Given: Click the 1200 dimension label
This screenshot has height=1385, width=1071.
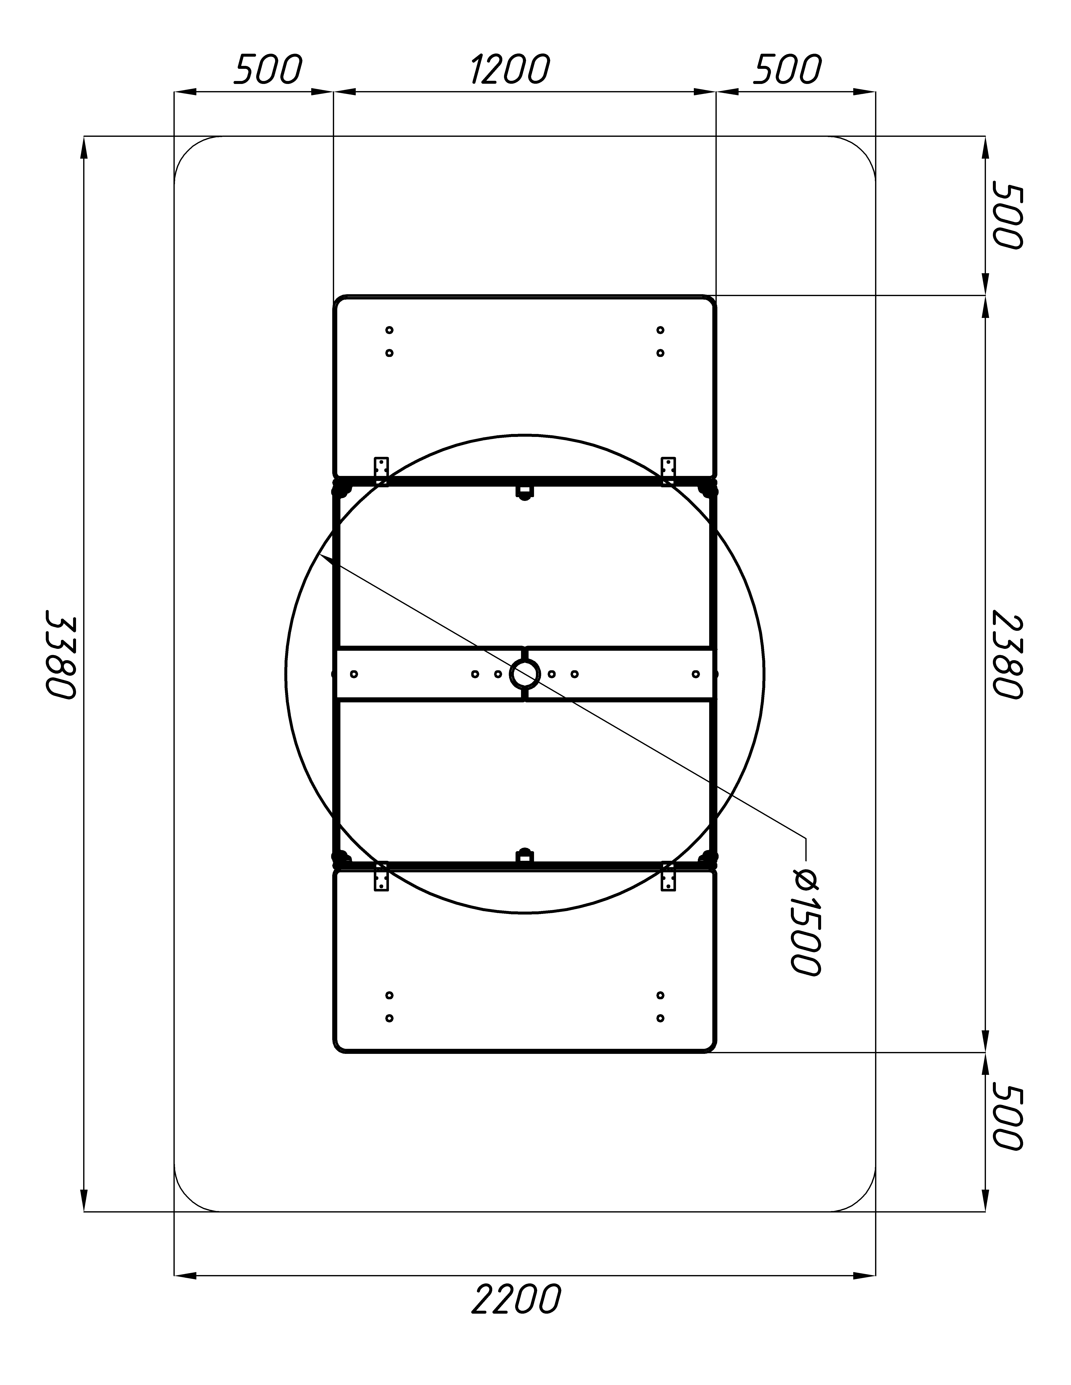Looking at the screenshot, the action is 509,70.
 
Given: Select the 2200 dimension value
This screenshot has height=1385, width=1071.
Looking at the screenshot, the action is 516,1299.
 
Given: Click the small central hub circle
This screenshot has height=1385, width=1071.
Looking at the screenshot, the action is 525,673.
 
